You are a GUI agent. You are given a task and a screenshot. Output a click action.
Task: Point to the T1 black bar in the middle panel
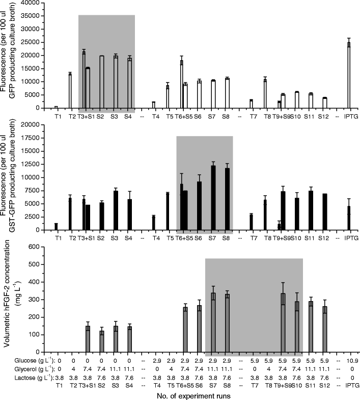tap(56, 227)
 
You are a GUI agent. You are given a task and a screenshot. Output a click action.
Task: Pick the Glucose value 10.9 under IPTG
tap(349, 360)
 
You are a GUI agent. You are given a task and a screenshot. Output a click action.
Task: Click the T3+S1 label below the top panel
tap(86, 116)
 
